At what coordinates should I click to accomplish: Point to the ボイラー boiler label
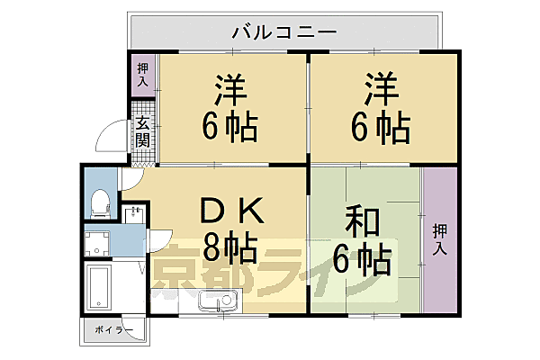click(112, 330)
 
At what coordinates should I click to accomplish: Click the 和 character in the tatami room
click(364, 221)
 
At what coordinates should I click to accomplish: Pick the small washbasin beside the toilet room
click(135, 213)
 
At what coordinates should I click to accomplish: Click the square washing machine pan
click(98, 241)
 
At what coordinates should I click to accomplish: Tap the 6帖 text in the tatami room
click(364, 261)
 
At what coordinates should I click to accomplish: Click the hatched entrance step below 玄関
click(143, 163)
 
